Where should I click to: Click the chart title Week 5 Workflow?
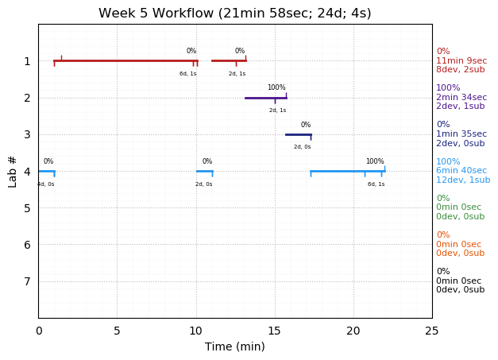234,14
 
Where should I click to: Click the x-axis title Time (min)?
234,346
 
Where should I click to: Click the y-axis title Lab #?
13,171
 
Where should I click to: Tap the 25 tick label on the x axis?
431,331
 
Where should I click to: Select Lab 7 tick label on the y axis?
27,281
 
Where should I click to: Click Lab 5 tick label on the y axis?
27,208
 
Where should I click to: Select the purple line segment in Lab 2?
265,98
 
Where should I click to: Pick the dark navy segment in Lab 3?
298,134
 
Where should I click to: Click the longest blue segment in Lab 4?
347,171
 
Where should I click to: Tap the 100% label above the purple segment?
276,87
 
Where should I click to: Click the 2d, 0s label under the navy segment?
303,147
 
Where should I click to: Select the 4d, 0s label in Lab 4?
46,184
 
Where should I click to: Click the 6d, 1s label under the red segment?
188,74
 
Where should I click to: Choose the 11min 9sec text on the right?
461,60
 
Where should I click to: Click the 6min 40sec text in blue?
461,171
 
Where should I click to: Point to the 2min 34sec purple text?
461,98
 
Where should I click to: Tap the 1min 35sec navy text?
461,134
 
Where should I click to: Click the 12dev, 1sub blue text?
463,180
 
